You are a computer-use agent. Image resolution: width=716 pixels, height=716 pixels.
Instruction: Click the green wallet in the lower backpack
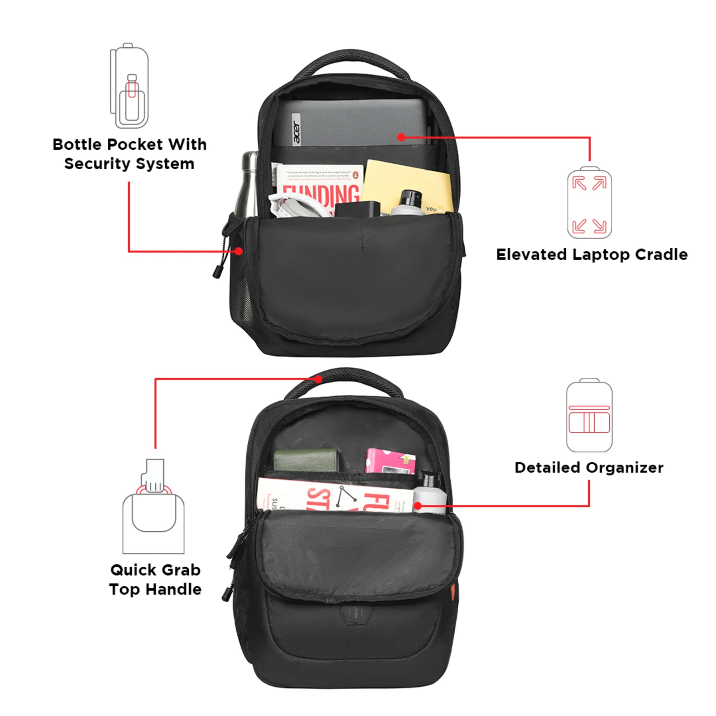306,460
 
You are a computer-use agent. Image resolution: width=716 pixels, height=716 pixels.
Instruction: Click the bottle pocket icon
129,86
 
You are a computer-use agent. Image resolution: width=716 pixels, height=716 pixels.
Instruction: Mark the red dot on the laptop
401,137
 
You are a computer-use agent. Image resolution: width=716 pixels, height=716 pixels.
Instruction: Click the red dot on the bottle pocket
239,251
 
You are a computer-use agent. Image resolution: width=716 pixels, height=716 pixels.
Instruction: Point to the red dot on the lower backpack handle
318,379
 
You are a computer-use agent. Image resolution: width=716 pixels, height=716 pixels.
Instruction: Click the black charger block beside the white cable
357,209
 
